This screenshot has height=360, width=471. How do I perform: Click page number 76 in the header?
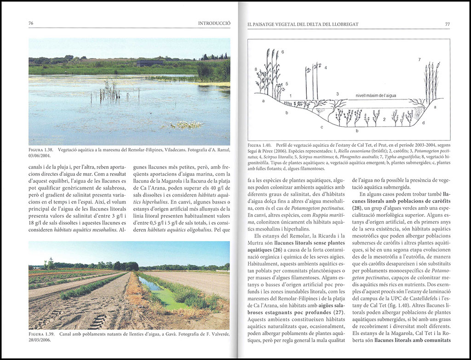[x=31, y=23]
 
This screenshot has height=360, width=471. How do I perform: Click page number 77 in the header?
[x=447, y=23]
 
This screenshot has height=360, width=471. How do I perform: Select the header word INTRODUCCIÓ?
[x=214, y=23]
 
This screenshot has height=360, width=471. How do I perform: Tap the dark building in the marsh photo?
[x=150, y=63]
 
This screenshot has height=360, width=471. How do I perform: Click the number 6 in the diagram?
[x=282, y=52]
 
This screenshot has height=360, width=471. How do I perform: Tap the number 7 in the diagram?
[x=419, y=60]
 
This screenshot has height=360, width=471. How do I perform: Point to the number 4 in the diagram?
[x=325, y=68]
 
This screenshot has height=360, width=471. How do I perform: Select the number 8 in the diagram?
[x=256, y=70]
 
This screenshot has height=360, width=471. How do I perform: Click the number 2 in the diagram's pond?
[x=384, y=119]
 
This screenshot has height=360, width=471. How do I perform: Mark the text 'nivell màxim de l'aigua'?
[x=375, y=96]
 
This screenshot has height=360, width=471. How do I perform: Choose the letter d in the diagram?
[x=423, y=122]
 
